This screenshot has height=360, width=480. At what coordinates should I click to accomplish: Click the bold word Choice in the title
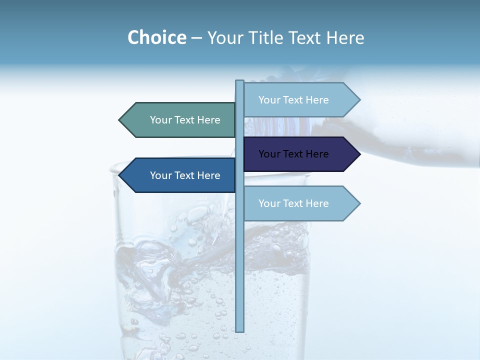coord(156,37)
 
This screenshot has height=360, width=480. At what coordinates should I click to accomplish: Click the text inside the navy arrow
coord(293,154)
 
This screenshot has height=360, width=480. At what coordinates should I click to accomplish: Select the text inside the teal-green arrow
coord(185,120)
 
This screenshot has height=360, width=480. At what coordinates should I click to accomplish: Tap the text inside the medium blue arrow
coord(185,175)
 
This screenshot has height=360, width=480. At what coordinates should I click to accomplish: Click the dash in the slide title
coord(196,38)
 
